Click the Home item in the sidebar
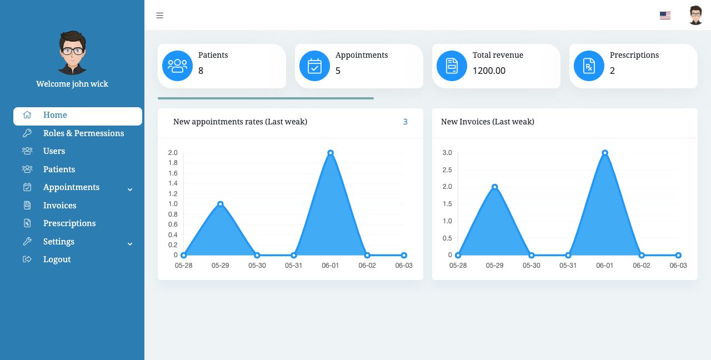pyautogui.click(x=55, y=116)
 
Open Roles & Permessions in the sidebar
pyautogui.click(x=83, y=133)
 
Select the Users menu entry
pyautogui.click(x=54, y=151)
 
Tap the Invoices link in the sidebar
pyautogui.click(x=59, y=206)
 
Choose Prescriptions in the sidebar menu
pyautogui.click(x=69, y=223)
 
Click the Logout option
pyautogui.click(x=57, y=259)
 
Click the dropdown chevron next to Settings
pyautogui.click(x=130, y=244)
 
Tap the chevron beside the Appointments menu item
pyautogui.click(x=130, y=189)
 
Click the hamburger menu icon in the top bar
pyautogui.click(x=159, y=16)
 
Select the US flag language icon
pyautogui.click(x=665, y=16)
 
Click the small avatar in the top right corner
pyautogui.click(x=695, y=16)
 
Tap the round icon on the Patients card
pyautogui.click(x=177, y=66)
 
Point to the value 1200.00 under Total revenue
pyautogui.click(x=489, y=71)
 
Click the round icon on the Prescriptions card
pyautogui.click(x=589, y=66)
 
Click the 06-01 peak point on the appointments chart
pyautogui.click(x=331, y=153)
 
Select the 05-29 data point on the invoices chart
pyautogui.click(x=494, y=187)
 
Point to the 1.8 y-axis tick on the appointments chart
pyautogui.click(x=173, y=163)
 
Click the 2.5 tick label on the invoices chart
pyautogui.click(x=447, y=170)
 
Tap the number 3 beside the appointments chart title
pyautogui.click(x=405, y=122)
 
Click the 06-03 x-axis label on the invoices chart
pyautogui.click(x=678, y=266)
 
